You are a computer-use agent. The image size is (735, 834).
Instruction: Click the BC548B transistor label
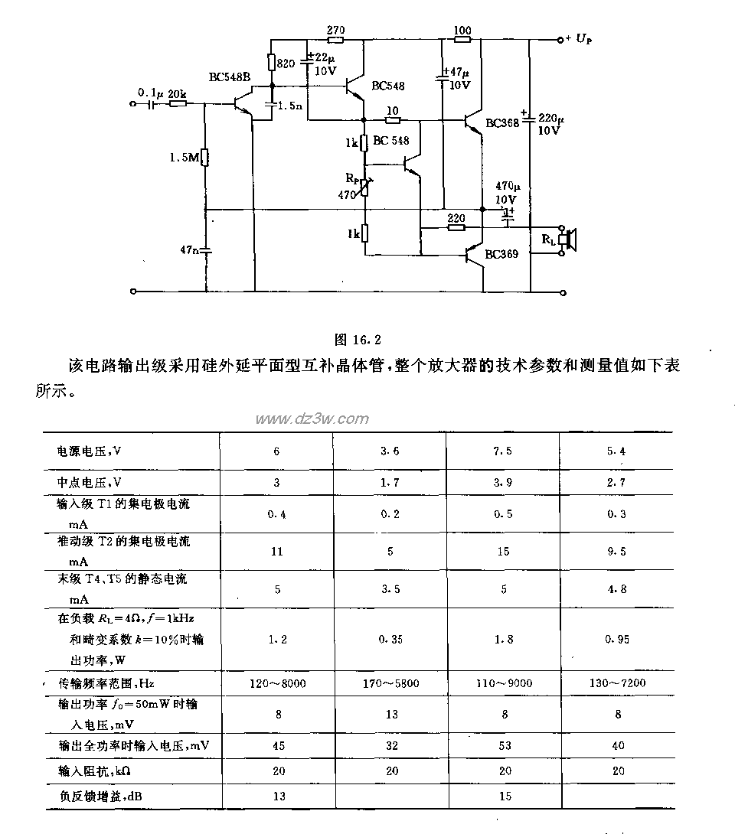[229, 77]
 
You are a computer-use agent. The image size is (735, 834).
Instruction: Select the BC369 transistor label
[501, 253]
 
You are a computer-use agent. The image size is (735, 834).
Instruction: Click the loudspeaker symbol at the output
[569, 240]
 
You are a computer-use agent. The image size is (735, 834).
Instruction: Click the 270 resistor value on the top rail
[335, 29]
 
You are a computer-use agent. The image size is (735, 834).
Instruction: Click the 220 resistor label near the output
[456, 217]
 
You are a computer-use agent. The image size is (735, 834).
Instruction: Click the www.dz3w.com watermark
[312, 419]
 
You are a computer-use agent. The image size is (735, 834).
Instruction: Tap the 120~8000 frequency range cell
[276, 683]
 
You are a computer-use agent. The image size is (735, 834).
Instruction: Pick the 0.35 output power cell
[390, 640]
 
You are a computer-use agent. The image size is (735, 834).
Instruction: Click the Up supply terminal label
[583, 38]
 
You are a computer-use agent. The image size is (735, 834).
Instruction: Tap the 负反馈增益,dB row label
[100, 797]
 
